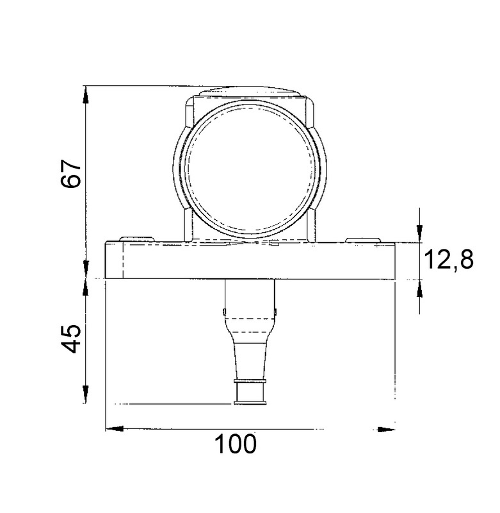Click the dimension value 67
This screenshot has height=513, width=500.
(x=70, y=173)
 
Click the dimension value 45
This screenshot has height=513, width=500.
(x=71, y=339)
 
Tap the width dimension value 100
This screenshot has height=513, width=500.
(x=236, y=444)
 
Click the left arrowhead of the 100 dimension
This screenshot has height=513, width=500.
(x=115, y=428)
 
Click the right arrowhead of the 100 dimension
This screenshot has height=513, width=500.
(x=386, y=429)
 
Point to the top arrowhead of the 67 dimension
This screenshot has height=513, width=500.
(x=86, y=95)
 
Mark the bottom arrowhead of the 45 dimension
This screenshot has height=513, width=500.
(x=86, y=394)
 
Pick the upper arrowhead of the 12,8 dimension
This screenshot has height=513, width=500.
(x=420, y=233)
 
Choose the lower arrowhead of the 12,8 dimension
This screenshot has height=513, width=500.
(x=420, y=289)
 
